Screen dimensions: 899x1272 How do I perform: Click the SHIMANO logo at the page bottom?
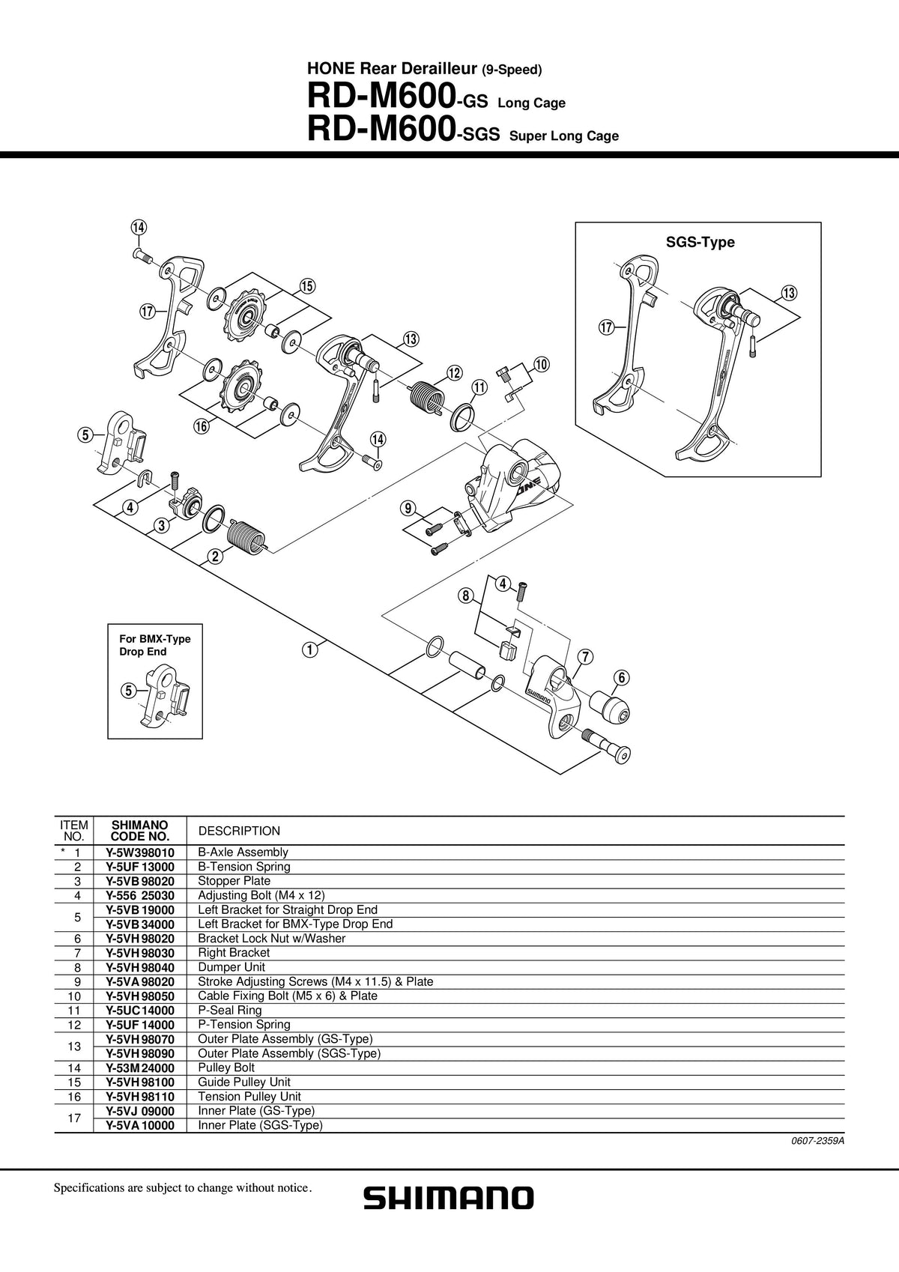pos(448,1198)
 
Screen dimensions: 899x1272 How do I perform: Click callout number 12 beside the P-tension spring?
pos(454,373)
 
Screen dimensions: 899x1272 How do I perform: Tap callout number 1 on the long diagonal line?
pos(309,649)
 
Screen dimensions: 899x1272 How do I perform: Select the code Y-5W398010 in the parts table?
pos(139,852)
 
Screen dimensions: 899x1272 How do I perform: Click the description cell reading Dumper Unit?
pos(231,967)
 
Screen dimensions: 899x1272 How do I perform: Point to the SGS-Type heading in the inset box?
pos(700,243)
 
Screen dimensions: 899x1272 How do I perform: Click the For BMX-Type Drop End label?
pos(154,645)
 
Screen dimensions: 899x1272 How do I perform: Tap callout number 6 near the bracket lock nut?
pos(621,677)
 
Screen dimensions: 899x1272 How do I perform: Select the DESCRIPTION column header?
pos(239,831)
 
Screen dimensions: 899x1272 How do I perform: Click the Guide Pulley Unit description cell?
pos(244,1082)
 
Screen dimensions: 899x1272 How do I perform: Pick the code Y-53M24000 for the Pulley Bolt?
pos(139,1067)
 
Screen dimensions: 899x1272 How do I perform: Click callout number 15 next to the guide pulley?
pos(307,286)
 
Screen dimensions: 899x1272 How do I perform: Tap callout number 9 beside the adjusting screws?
pos(408,508)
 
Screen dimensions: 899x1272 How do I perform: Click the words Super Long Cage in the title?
pos(564,136)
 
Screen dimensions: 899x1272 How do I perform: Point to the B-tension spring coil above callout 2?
pos(246,535)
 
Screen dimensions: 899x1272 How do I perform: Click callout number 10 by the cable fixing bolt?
pos(541,364)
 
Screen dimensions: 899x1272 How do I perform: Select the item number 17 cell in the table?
pos(74,1118)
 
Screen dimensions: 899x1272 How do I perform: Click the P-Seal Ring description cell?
pos(229,1011)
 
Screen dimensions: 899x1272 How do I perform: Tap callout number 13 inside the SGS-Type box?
pos(789,293)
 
